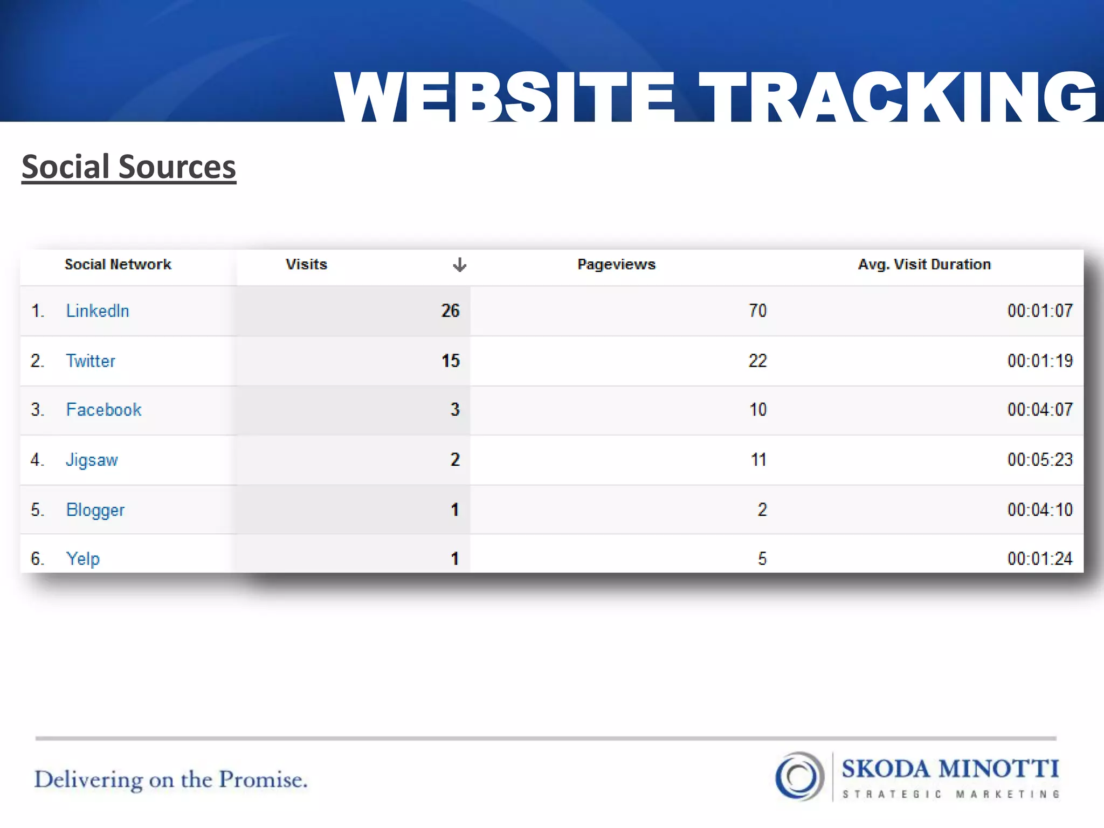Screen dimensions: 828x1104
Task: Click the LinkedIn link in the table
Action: click(x=98, y=311)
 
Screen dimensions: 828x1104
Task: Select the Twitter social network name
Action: click(x=91, y=361)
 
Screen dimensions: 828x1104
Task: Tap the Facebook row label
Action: click(x=103, y=410)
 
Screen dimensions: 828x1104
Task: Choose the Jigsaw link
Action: click(x=92, y=460)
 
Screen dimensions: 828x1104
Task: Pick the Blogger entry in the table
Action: click(x=95, y=510)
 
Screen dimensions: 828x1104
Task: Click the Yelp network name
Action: click(x=83, y=558)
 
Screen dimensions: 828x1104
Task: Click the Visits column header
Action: click(x=306, y=264)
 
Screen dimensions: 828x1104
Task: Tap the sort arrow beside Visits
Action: click(x=459, y=265)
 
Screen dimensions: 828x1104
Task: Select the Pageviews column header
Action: click(x=616, y=264)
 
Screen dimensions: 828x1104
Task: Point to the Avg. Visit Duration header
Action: click(x=924, y=264)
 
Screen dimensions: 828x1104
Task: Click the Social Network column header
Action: click(x=118, y=264)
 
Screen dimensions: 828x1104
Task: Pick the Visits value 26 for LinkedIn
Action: click(x=450, y=310)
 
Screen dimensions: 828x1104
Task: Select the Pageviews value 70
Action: click(x=757, y=310)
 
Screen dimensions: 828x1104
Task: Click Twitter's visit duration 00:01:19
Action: click(x=1040, y=361)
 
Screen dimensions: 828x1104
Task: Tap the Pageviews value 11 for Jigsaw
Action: click(x=758, y=460)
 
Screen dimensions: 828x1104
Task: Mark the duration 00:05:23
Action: click(x=1040, y=460)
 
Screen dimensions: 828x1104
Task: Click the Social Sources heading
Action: click(x=129, y=167)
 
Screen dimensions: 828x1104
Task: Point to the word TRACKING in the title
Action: click(x=898, y=97)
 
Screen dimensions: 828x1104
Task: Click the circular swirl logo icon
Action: click(x=799, y=776)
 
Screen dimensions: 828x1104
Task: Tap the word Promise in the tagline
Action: click(x=263, y=780)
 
